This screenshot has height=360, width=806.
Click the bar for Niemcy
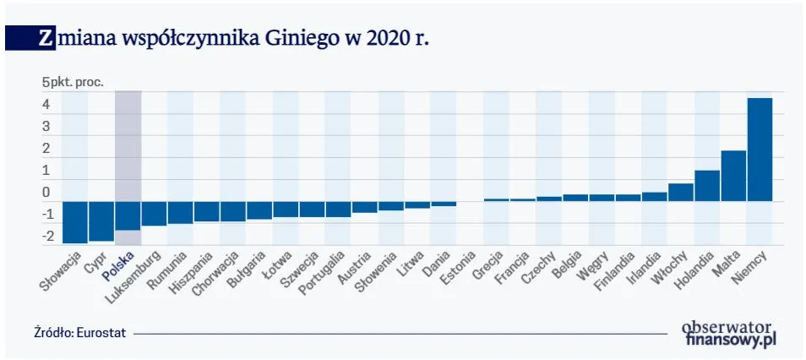760,150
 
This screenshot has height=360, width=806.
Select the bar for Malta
733,176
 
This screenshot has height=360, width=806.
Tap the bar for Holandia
706,186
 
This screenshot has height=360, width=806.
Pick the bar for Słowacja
75,221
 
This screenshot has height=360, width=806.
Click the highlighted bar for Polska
128,215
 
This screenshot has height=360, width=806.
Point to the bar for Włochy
680,192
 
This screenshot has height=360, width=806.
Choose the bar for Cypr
101,221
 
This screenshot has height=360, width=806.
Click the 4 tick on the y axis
46,106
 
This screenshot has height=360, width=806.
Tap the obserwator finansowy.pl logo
729,332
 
